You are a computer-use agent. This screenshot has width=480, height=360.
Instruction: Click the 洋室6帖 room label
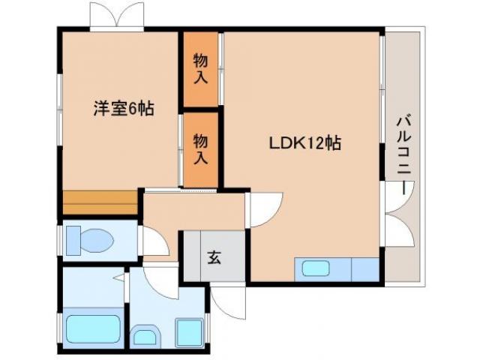(x=124, y=109)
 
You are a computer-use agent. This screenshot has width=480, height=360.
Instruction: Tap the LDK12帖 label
(x=305, y=143)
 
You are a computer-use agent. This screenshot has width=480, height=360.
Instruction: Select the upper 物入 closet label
(x=200, y=69)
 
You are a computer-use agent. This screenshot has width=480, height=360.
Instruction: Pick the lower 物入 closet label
(x=200, y=148)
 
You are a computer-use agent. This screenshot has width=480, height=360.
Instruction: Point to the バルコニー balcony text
(x=406, y=154)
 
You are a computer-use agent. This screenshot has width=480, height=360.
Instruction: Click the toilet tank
(x=73, y=241)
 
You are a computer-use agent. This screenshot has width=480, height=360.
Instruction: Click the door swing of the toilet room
(x=154, y=243)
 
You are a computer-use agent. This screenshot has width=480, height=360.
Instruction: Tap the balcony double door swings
(x=398, y=217)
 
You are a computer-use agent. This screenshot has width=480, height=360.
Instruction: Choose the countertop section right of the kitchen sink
(x=364, y=268)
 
